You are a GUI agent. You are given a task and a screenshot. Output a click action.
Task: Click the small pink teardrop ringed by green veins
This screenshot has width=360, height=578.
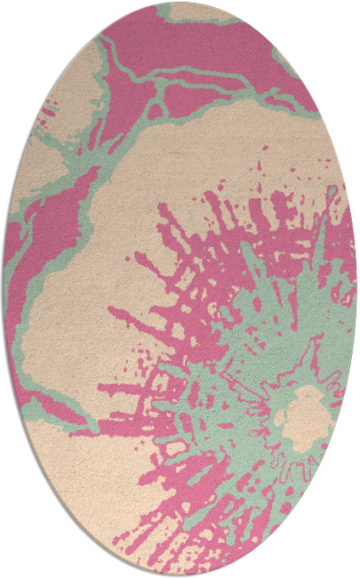point(156,110)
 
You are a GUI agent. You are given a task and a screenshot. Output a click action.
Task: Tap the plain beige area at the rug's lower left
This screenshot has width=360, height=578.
point(80,480)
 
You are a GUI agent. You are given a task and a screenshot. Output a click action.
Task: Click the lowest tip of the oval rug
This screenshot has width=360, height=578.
point(180,574)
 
